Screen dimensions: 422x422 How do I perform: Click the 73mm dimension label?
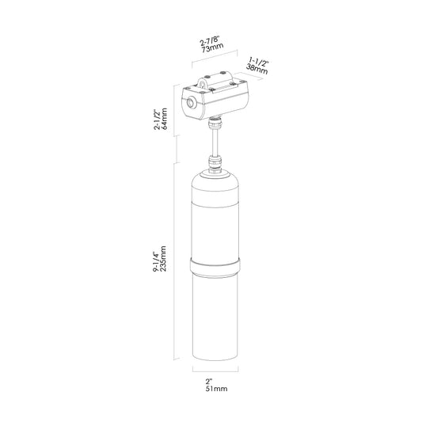(213, 48)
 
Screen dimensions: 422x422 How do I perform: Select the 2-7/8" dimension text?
(210, 40)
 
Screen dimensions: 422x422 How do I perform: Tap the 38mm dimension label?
(257, 70)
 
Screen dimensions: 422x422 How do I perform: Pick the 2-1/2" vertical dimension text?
(157, 120)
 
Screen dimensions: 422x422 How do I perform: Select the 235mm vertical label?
(163, 259)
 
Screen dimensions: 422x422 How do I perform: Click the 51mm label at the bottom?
(216, 389)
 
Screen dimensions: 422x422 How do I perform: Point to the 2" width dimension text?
(209, 381)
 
